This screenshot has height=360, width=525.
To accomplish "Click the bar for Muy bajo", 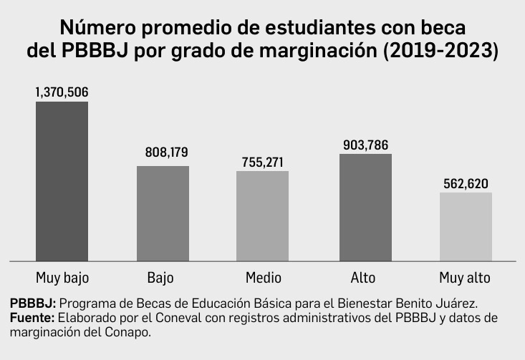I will pos(62,181).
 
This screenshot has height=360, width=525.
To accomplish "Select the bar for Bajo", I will pos(163,213).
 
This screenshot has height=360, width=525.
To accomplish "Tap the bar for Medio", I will pos(263,215).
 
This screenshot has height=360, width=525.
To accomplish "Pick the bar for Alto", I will pos(365,207).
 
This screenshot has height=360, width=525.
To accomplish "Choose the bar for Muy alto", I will pos(466,226).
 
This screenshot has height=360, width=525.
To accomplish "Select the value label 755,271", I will pos(263,162).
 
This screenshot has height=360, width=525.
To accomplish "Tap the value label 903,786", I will pos(365,145).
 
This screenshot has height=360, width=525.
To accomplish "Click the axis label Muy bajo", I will pos(62,277).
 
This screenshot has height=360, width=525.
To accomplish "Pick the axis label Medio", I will pos(263,277).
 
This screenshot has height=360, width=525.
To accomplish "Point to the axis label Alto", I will pos(363,277).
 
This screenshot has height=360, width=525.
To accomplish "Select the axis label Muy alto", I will pos(465,277).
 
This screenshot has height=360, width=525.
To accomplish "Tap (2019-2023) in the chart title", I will pos(441,53).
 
